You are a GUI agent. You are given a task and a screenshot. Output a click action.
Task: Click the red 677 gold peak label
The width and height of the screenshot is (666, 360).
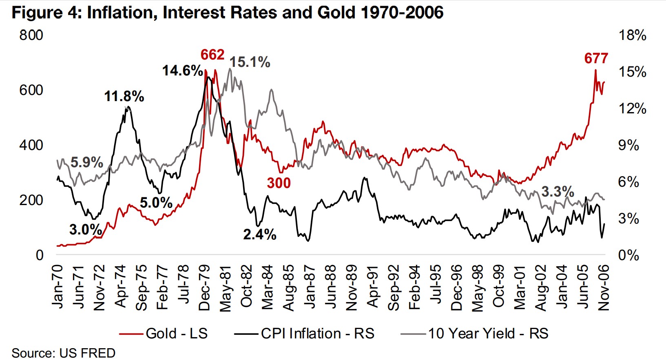[x=596, y=59]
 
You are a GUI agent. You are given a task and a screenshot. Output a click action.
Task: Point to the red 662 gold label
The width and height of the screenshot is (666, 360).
[x=212, y=55]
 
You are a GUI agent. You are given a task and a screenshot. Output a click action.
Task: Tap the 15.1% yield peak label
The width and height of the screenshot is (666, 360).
[x=250, y=62]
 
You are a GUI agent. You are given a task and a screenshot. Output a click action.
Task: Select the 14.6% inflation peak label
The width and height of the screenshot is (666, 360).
[x=182, y=71]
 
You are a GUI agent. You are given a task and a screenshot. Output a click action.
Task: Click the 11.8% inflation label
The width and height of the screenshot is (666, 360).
[x=124, y=97]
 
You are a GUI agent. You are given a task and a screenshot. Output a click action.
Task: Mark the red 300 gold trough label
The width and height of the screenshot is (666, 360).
[x=279, y=183]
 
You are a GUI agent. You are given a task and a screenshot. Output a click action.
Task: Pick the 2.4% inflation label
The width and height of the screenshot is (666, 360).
[x=260, y=234]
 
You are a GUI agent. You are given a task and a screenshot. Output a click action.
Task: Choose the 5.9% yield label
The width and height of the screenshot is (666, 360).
[x=86, y=162]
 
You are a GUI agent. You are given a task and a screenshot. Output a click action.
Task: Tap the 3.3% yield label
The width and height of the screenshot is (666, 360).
[x=558, y=192]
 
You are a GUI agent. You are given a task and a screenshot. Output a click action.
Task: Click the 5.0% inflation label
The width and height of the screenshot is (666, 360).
[x=156, y=203]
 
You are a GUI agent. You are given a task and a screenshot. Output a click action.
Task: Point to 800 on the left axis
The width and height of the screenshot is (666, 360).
[x=31, y=35]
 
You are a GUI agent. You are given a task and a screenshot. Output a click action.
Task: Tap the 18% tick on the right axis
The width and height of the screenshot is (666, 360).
[x=632, y=35]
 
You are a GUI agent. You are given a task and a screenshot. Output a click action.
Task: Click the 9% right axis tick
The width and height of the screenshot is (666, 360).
[x=628, y=145]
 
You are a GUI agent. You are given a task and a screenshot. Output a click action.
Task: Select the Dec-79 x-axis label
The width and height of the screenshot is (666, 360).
[x=204, y=287]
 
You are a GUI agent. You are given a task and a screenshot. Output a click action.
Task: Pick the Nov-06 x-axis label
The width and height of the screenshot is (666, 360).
[x=603, y=287]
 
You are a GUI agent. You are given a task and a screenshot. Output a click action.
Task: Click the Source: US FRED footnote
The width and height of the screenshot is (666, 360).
[x=63, y=353]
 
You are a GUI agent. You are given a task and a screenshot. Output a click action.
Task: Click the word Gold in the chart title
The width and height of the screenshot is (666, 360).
[x=336, y=13]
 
